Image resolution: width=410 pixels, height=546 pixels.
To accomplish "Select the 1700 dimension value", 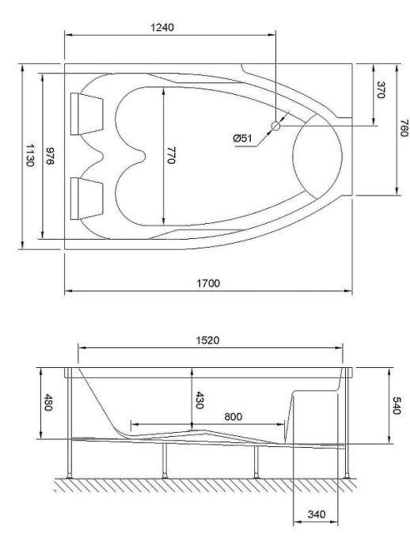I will tap(208, 282).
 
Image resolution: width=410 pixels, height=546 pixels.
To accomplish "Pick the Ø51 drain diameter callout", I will tap(242, 138).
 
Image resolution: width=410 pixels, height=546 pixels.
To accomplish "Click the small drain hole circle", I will tap(275, 125).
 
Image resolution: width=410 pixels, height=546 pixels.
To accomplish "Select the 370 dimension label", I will tap(381, 89).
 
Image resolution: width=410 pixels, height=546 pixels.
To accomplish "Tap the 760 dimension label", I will tap(403, 129).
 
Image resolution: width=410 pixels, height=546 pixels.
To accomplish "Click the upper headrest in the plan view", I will tap(86, 111).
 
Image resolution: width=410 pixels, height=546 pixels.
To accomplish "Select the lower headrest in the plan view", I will tap(86, 198).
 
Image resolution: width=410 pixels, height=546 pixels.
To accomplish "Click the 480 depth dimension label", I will tap(48, 403).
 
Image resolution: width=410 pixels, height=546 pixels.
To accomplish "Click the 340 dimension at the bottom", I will tap(317, 515).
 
